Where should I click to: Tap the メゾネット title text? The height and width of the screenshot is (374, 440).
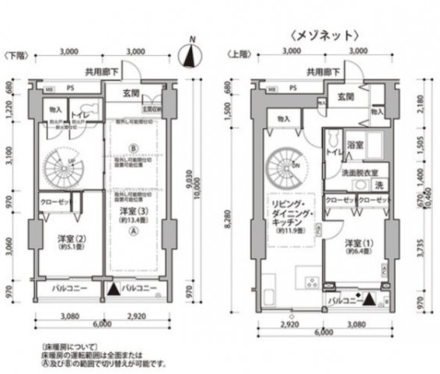tap(325, 34)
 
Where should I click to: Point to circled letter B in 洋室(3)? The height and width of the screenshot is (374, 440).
tap(133, 147)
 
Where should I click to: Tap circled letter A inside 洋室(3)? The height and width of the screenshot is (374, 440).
tap(133, 231)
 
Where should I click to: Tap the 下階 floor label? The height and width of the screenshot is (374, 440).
tap(16, 56)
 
